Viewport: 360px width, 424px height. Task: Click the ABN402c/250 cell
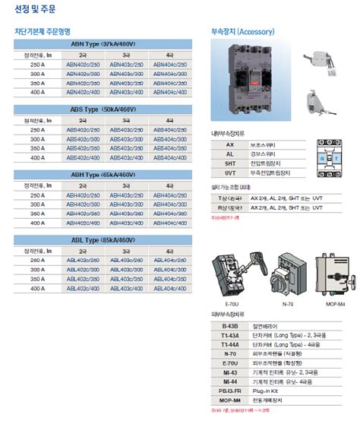point(83,65)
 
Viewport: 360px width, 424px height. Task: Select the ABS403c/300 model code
point(125,139)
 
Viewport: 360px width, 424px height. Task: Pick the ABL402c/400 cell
point(83,288)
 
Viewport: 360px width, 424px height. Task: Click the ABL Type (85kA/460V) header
point(104,240)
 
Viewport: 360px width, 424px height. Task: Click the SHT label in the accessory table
point(230,163)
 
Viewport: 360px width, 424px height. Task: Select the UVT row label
point(230,172)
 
